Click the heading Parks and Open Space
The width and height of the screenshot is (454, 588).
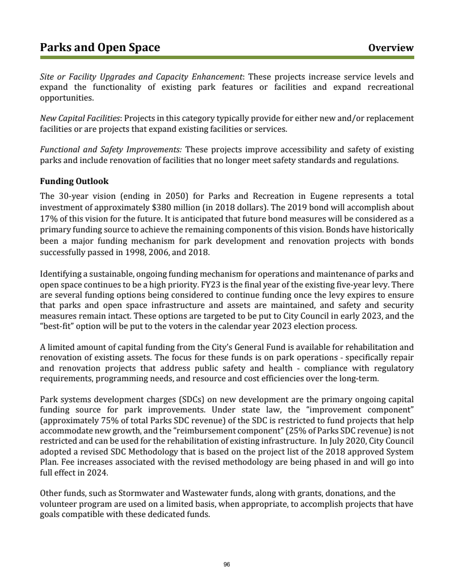tap(100, 48)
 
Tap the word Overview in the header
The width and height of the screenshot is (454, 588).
tap(391, 48)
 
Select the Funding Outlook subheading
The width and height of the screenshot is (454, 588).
tap(74, 181)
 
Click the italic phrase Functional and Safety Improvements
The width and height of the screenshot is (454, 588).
tap(110, 150)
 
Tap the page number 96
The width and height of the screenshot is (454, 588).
tap(227, 564)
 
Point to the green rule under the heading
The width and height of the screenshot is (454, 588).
tap(227, 57)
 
